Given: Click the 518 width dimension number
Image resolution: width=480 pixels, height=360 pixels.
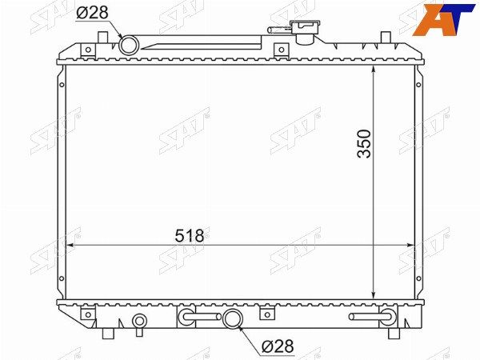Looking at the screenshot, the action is [189, 236].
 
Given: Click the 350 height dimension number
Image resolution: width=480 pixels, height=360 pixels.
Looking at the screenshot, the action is [364, 143].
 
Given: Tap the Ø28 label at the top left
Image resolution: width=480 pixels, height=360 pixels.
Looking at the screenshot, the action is [92, 13].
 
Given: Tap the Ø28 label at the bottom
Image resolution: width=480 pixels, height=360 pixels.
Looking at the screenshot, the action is [278, 346].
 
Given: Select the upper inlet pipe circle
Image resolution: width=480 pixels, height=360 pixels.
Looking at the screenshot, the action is [129, 46].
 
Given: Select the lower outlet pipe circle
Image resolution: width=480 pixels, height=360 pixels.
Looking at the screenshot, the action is [233, 318].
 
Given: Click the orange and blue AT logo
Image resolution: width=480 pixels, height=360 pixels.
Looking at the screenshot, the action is [443, 20].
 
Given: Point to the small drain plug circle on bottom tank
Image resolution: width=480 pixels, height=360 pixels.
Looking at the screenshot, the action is [139, 321].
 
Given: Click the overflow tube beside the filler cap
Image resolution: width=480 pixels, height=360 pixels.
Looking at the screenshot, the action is [279, 30].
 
